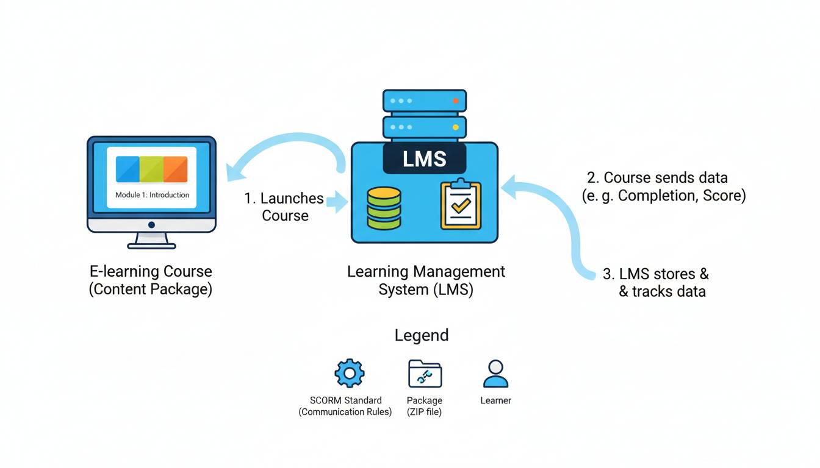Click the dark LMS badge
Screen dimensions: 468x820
tap(424, 159)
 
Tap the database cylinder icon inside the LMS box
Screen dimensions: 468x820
tap(384, 208)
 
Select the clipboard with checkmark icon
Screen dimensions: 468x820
tap(461, 205)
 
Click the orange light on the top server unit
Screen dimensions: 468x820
tap(455, 101)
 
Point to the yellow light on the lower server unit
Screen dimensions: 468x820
tap(455, 127)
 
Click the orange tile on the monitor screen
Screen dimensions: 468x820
tap(175, 169)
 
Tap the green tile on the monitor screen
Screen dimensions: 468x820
tap(151, 169)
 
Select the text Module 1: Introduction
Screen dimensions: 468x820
tap(152, 195)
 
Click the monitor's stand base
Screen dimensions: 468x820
tap(151, 245)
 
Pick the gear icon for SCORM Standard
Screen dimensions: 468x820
tap(350, 373)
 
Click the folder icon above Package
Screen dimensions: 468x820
tap(425, 374)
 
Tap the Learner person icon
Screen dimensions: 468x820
tap(495, 374)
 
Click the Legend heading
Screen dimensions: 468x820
tap(422, 335)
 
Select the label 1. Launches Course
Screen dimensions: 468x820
tap(284, 207)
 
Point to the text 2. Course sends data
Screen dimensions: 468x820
tap(657, 177)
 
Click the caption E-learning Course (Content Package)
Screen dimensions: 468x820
tap(151, 280)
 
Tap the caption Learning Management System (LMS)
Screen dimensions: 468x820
tap(426, 280)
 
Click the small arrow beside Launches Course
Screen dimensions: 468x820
tap(336, 202)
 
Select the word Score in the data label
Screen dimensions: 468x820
tap(723, 196)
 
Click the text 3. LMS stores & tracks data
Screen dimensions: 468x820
tap(657, 283)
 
